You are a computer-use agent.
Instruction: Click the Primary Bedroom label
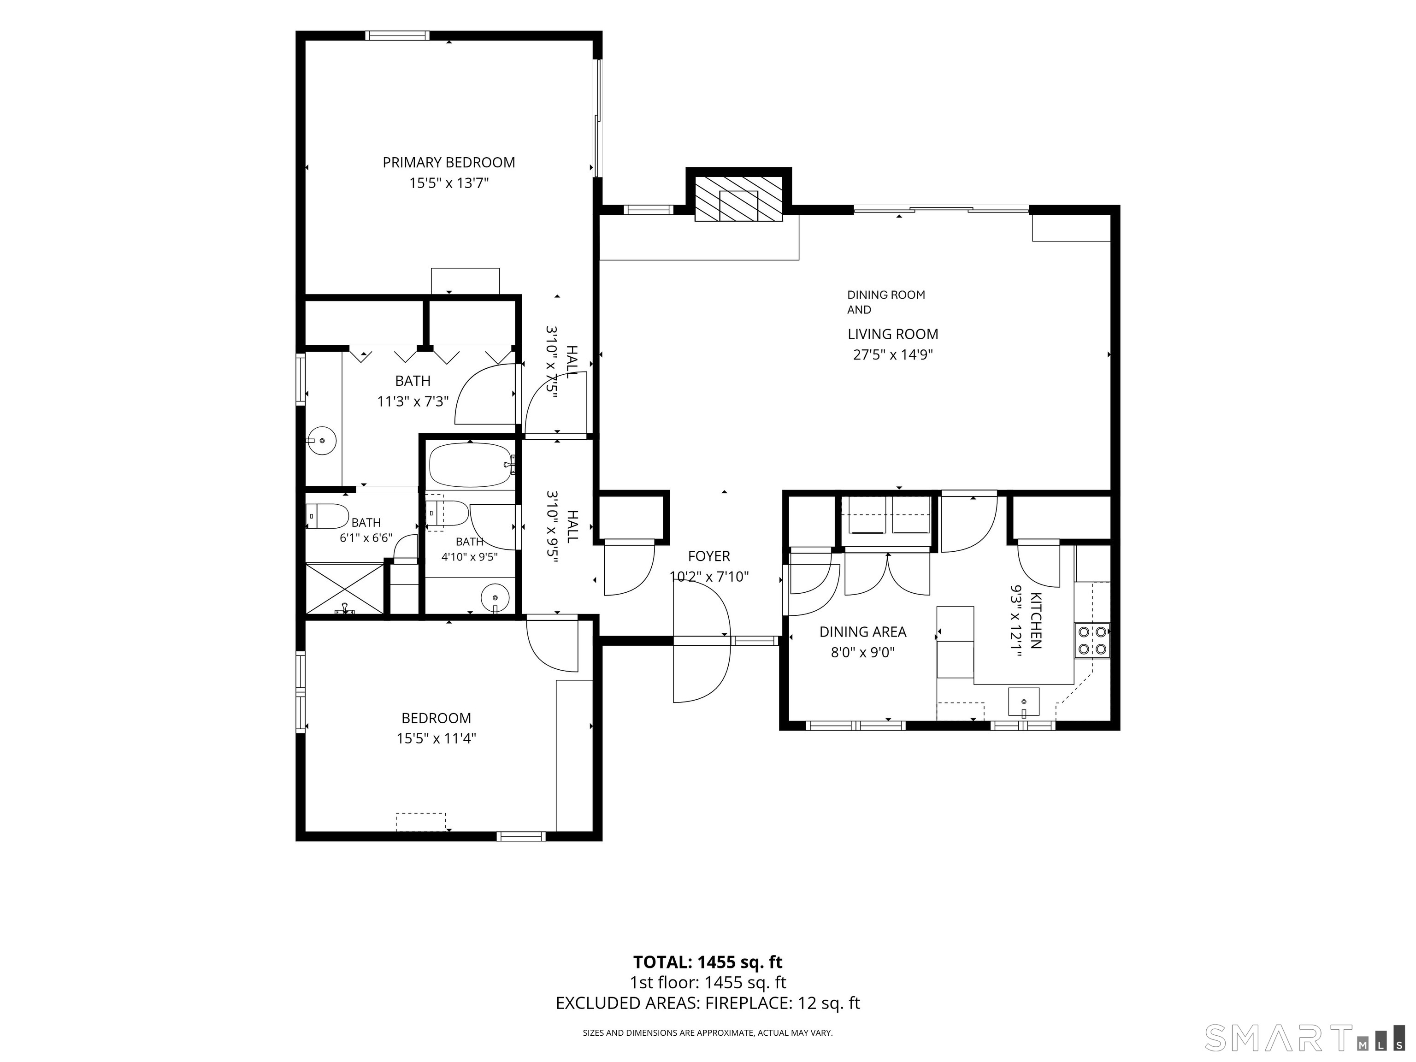click(449, 163)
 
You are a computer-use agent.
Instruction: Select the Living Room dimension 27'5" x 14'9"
click(892, 354)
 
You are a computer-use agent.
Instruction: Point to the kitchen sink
click(1024, 702)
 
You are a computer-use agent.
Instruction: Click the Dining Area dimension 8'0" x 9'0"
click(863, 652)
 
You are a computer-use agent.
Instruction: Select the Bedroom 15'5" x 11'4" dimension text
click(436, 739)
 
